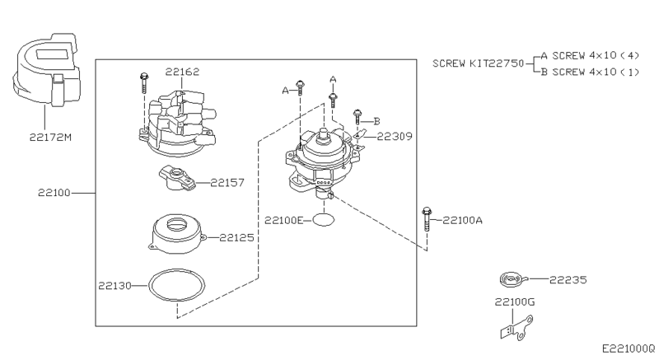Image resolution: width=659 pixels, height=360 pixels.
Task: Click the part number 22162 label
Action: tap(182, 72)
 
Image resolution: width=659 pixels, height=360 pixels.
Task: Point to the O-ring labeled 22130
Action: tap(175, 286)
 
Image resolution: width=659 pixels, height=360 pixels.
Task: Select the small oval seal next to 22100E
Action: tap(326, 220)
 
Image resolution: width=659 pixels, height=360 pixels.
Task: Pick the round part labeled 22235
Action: tap(510, 281)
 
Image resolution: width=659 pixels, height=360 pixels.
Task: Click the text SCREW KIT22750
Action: tap(478, 63)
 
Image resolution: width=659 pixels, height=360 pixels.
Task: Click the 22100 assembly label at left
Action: tap(54, 193)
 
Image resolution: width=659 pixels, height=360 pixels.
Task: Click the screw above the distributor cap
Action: tap(144, 82)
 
